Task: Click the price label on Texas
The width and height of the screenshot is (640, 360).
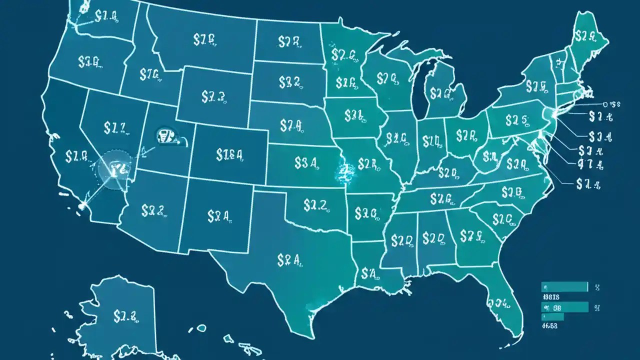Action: click(287, 259)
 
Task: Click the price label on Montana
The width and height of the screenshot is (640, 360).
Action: click(204, 40)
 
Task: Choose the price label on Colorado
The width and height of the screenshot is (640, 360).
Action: click(229, 154)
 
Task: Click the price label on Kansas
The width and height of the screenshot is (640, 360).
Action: click(306, 162)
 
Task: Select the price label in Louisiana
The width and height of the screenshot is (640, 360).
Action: click(371, 273)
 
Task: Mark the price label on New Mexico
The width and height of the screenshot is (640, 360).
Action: click(218, 216)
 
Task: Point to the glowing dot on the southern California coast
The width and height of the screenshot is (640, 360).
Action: click(81, 204)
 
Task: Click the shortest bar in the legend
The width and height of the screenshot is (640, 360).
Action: click(552, 316)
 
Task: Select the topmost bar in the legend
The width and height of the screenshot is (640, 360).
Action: click(564, 286)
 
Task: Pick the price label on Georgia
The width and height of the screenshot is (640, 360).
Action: click(470, 235)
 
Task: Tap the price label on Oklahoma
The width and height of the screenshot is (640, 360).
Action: click(314, 203)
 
